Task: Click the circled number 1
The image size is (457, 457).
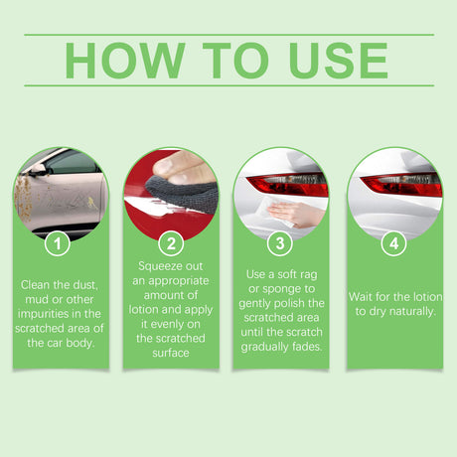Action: (x=60, y=242)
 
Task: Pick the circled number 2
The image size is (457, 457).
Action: (x=172, y=242)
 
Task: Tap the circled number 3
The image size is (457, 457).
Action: (x=283, y=242)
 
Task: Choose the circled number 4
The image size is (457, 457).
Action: (x=395, y=242)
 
